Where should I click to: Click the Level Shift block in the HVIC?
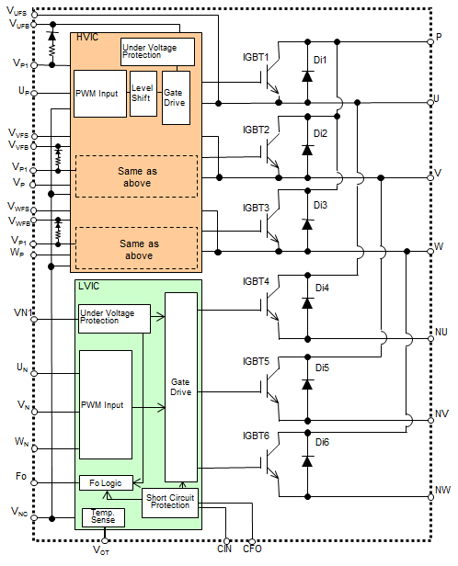(143, 94)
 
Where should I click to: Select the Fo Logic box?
(106, 482)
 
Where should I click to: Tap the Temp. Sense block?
(103, 517)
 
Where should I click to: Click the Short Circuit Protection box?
(170, 503)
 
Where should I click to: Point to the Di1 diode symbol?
(307, 76)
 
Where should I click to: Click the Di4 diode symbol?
(307, 303)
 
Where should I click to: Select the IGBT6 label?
(256, 436)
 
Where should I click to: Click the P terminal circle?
(430, 42)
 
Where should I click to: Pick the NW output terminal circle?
(430, 497)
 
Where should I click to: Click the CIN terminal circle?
(226, 541)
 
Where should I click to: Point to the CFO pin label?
(252, 549)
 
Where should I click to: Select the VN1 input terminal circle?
(34, 320)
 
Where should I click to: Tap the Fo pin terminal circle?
(34, 482)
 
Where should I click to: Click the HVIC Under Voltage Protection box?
(157, 52)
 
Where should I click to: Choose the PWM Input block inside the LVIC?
(106, 404)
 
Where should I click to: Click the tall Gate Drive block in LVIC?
(181, 387)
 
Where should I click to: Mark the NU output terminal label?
(441, 332)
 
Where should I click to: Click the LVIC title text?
(88, 287)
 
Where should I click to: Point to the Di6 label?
(322, 442)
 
